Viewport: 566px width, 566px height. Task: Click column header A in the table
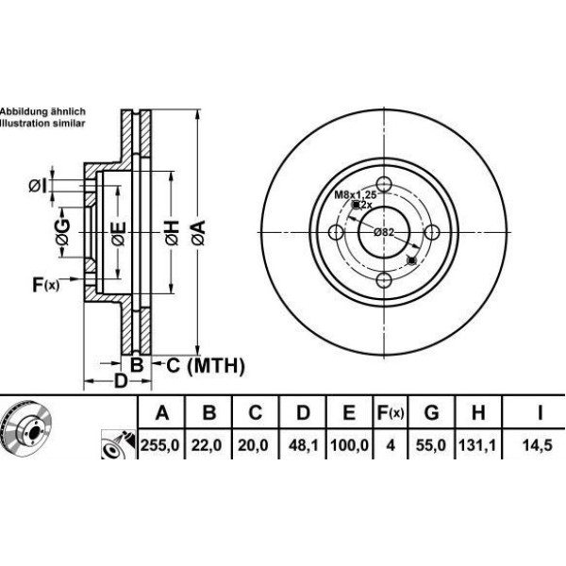pos(162,412)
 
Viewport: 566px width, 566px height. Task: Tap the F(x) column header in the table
pos(391,412)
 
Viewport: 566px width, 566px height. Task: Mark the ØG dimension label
pos(62,231)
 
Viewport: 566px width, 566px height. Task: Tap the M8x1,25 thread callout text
pos(354,193)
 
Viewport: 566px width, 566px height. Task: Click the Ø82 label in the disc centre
pos(383,232)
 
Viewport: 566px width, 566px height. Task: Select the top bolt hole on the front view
pos(384,185)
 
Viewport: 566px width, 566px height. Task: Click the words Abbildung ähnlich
pos(42,111)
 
